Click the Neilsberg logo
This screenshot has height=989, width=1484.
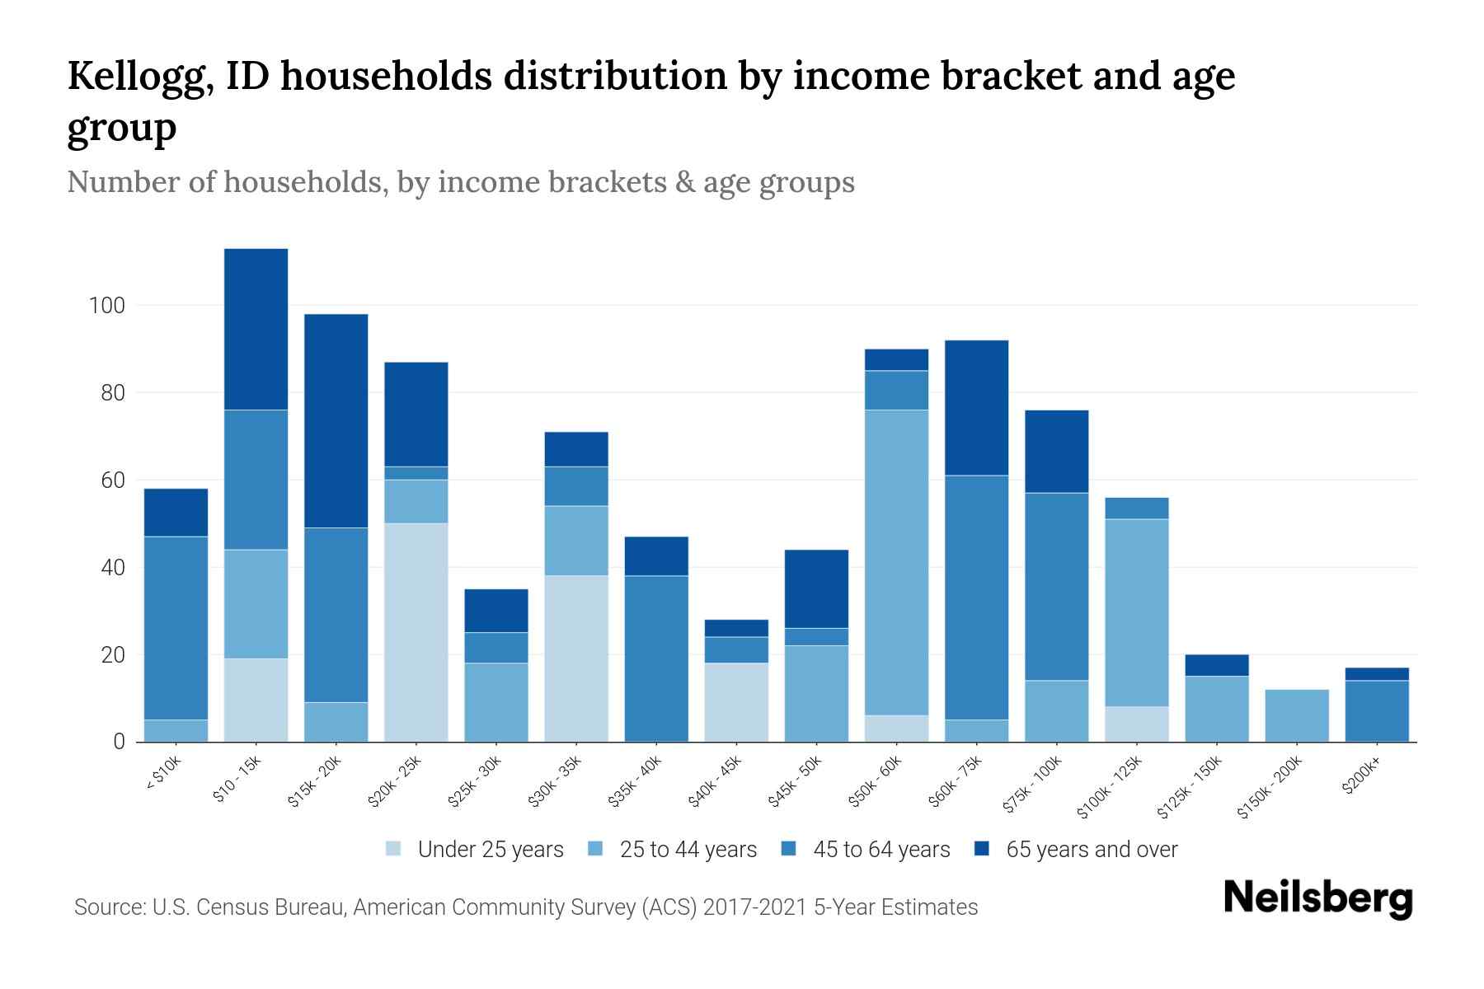1317,898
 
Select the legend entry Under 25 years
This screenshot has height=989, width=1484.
490,850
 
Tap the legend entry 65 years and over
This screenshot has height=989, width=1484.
1091,850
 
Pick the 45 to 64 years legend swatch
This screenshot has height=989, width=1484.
788,849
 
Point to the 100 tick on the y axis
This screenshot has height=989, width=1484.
106,306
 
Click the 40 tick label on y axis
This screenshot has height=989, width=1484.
111,568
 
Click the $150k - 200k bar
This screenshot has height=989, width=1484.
1297,715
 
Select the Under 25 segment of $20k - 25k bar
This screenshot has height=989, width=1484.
416,632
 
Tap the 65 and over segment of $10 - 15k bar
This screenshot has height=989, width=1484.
256,329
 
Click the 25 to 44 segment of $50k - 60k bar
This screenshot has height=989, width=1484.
897,562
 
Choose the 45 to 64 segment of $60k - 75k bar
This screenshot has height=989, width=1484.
977,598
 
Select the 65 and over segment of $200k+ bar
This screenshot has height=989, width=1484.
1377,674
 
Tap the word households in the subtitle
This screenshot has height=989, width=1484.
303,182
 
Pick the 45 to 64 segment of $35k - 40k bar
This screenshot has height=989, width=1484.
656,659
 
